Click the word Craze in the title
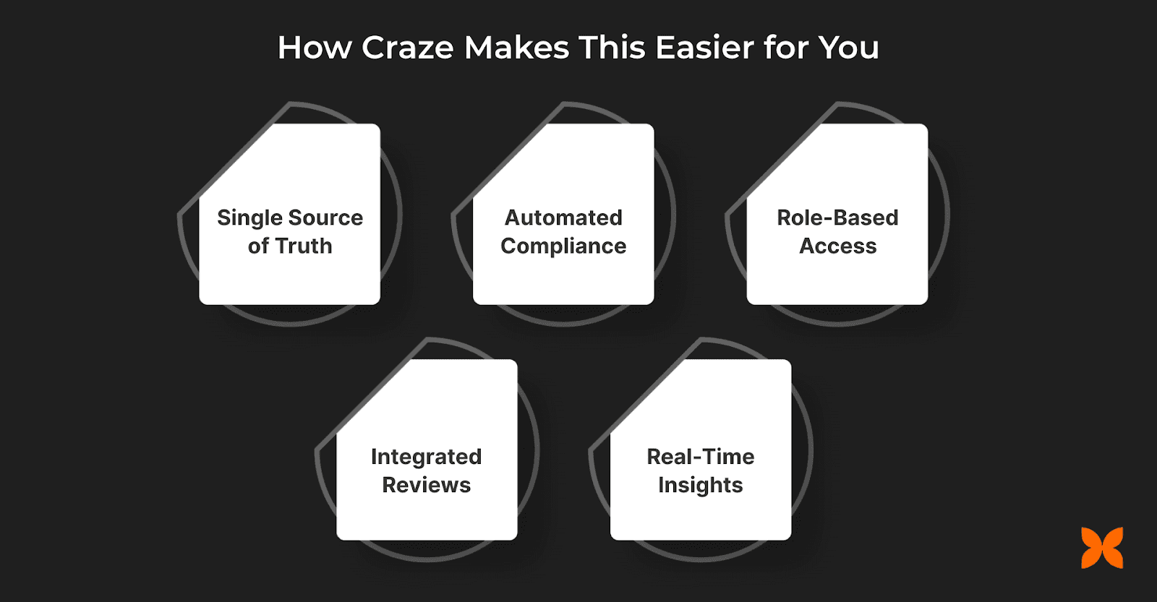(408, 48)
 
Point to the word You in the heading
(848, 48)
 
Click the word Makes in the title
(516, 48)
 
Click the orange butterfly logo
(1102, 548)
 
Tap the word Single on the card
(250, 218)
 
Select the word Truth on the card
(303, 246)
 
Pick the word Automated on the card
(563, 218)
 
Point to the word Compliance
(563, 246)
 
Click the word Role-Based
(837, 218)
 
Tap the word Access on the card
(837, 246)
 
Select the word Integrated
(426, 457)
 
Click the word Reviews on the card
(426, 485)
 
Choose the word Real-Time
(700, 457)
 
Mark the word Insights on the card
(700, 486)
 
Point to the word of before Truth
(258, 246)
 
